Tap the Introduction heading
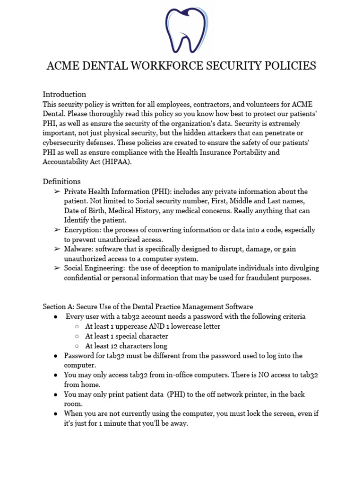point(64,94)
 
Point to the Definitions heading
point(61,181)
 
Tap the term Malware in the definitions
point(78,249)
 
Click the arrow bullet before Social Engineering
point(56,268)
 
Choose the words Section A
point(59,306)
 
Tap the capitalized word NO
point(263,375)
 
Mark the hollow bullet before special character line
point(77,336)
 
